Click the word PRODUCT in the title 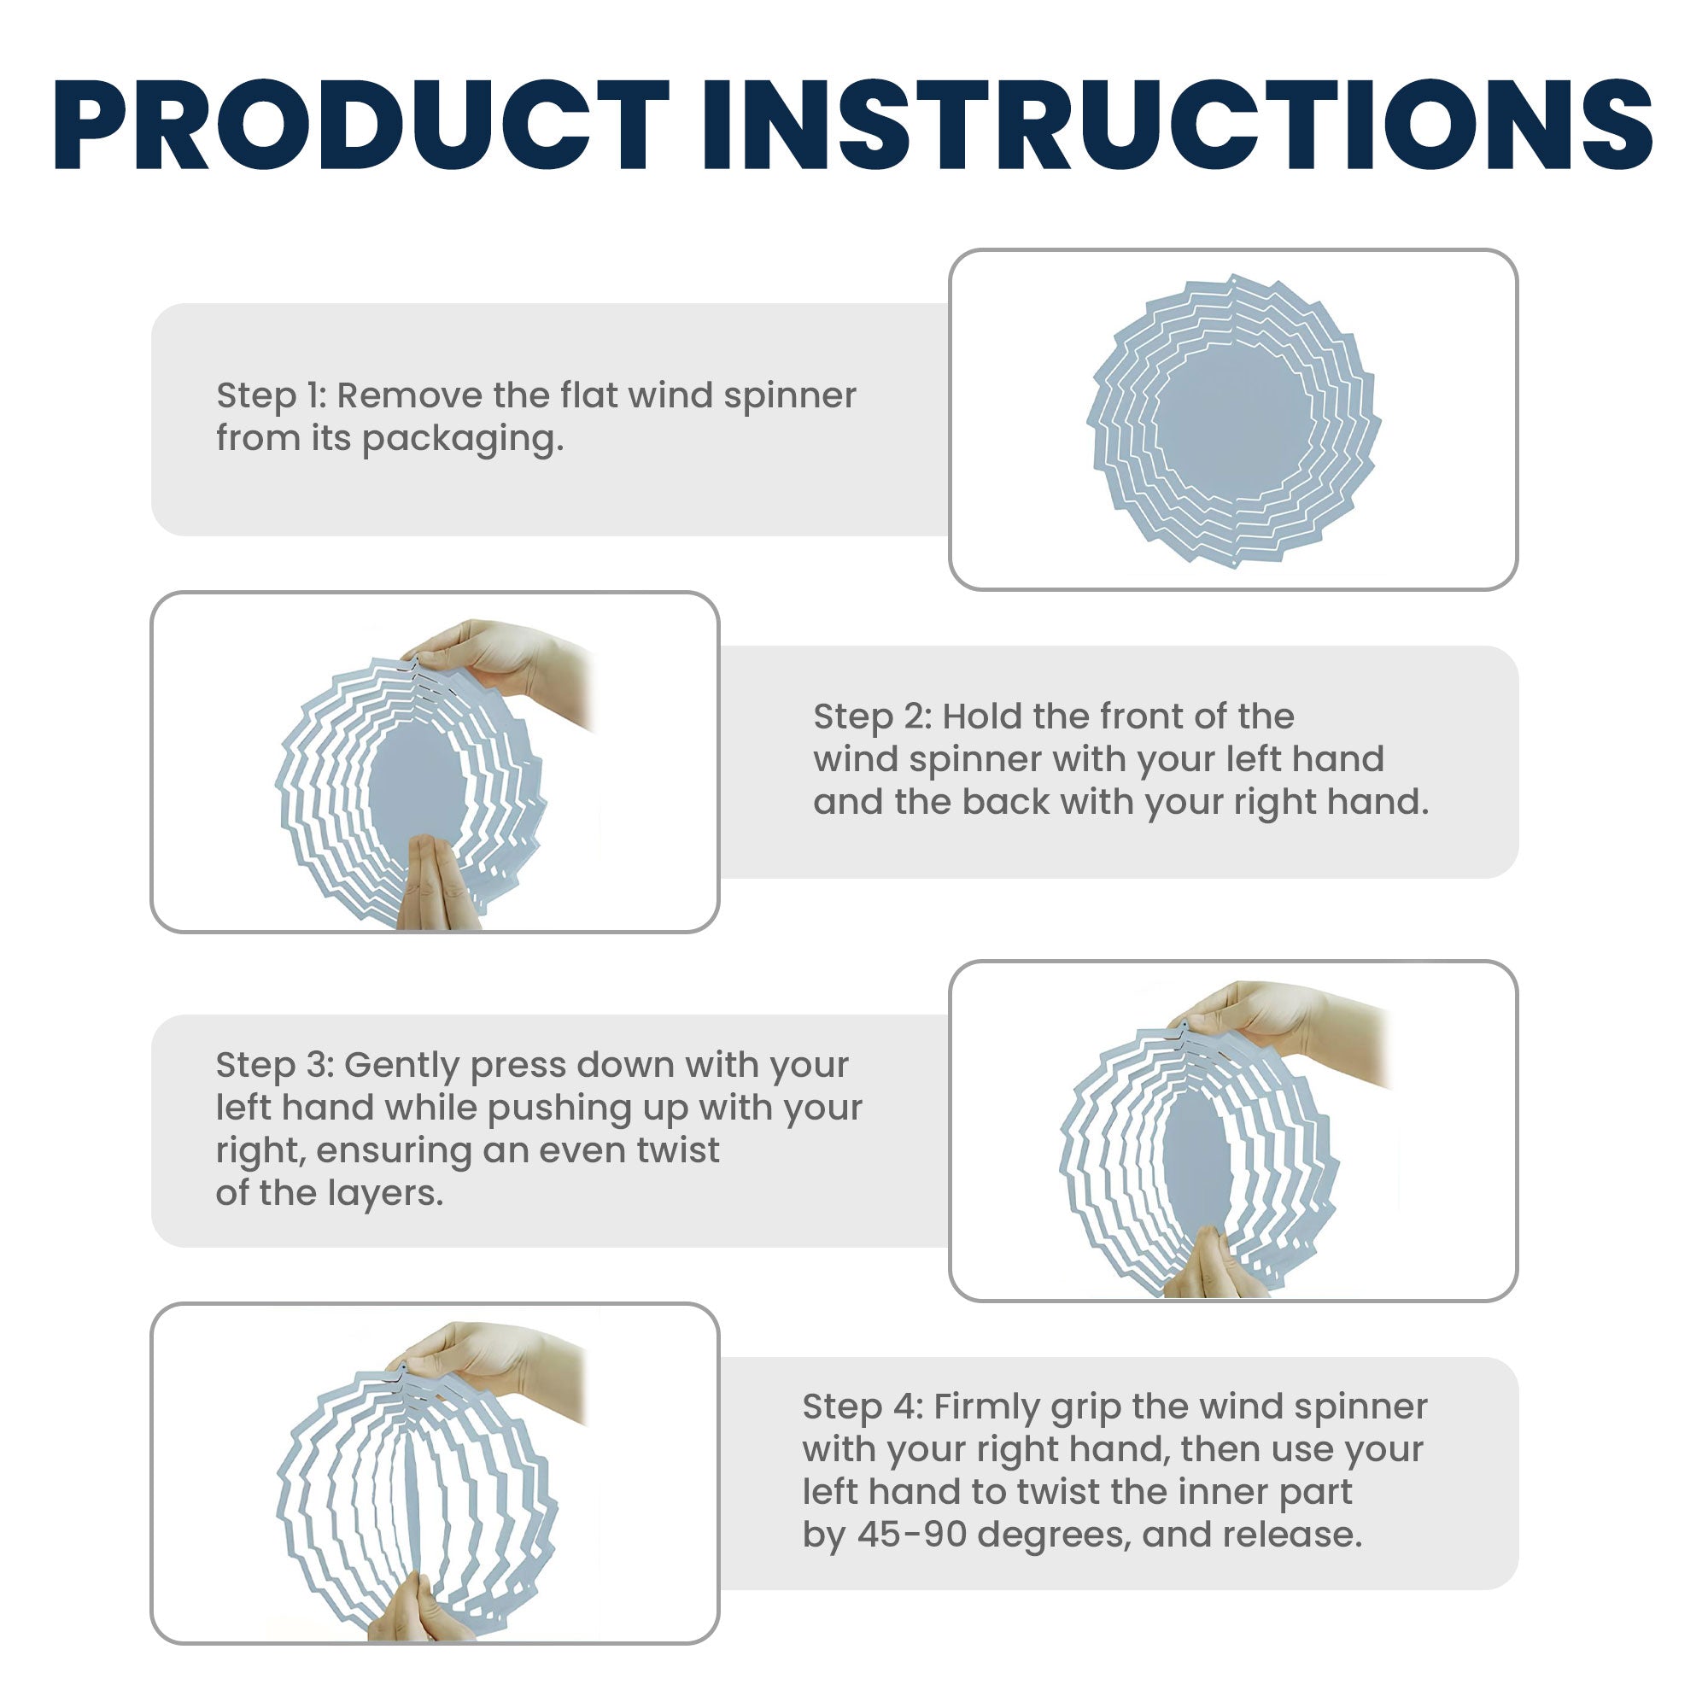coord(361,125)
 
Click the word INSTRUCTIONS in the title coord(1178,125)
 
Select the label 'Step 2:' coord(873,717)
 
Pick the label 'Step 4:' coord(863,1407)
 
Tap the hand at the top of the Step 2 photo coord(504,670)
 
